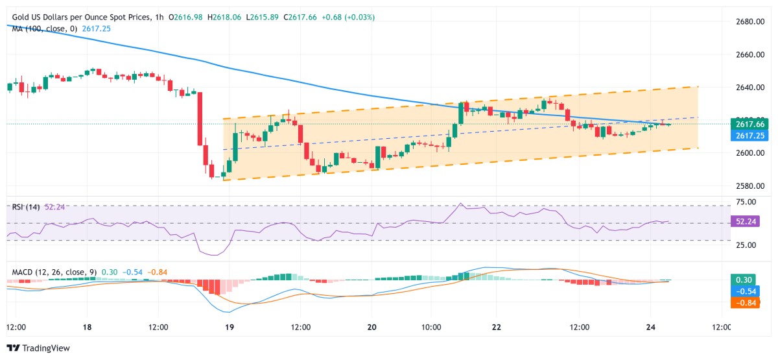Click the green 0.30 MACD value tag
click(742, 280)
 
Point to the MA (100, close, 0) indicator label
click(42, 29)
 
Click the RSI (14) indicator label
click(26, 207)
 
